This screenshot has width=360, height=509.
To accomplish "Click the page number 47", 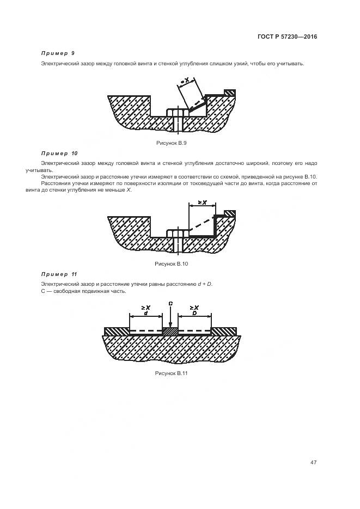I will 313,462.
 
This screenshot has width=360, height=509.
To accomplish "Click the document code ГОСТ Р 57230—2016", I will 287,37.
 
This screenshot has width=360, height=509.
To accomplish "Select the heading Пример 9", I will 58,53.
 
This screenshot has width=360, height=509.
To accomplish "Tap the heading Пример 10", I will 59,154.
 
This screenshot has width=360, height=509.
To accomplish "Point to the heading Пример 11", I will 59,274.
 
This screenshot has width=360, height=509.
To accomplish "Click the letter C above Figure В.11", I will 170,303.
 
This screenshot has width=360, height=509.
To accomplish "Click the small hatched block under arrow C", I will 170,331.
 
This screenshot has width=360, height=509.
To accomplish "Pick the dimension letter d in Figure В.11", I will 145,314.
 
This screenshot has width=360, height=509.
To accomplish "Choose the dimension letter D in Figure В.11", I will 194,314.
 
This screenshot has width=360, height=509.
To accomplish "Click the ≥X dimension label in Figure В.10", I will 202,202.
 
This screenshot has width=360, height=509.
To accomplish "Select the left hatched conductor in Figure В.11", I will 117,331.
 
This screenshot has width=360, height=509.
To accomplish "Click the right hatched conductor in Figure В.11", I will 224,331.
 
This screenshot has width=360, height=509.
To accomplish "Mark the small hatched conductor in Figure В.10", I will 230,213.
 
